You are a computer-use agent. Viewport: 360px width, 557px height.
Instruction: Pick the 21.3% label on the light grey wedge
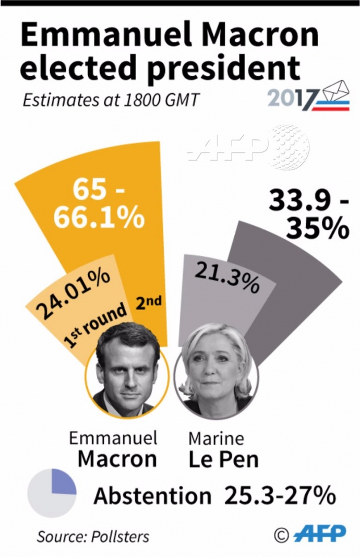[227, 277]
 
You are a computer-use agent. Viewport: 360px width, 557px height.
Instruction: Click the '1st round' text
[95, 325]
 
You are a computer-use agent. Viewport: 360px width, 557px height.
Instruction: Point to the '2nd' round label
[148, 302]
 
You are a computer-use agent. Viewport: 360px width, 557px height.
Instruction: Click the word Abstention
[152, 496]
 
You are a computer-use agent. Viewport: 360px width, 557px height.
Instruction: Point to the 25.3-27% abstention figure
[280, 496]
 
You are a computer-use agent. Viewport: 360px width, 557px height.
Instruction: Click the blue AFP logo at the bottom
[320, 534]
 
